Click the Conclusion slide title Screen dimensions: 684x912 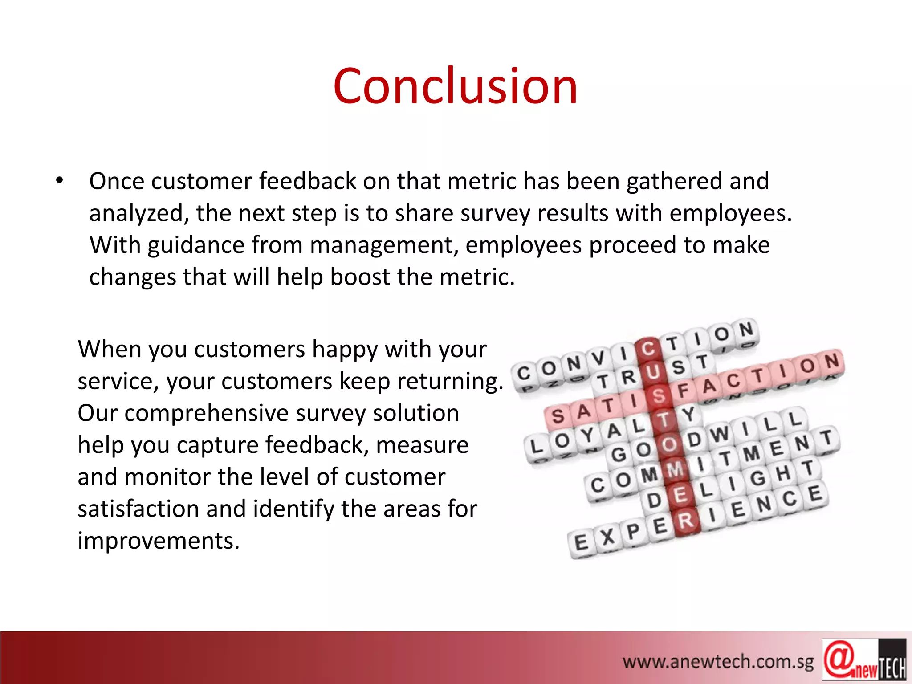pyautogui.click(x=455, y=85)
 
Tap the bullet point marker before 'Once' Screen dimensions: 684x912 pyautogui.click(x=60, y=181)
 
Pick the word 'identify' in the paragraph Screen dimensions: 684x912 pyautogui.click(x=293, y=509)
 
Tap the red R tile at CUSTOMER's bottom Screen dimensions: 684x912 pyautogui.click(x=686, y=520)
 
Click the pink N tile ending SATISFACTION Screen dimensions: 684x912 pyautogui.click(x=831, y=361)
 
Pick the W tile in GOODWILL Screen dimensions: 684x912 pyautogui.click(x=719, y=434)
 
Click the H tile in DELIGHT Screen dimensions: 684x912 pyautogui.click(x=783, y=473)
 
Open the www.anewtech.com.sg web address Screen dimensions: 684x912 pyautogui.click(x=717, y=662)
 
